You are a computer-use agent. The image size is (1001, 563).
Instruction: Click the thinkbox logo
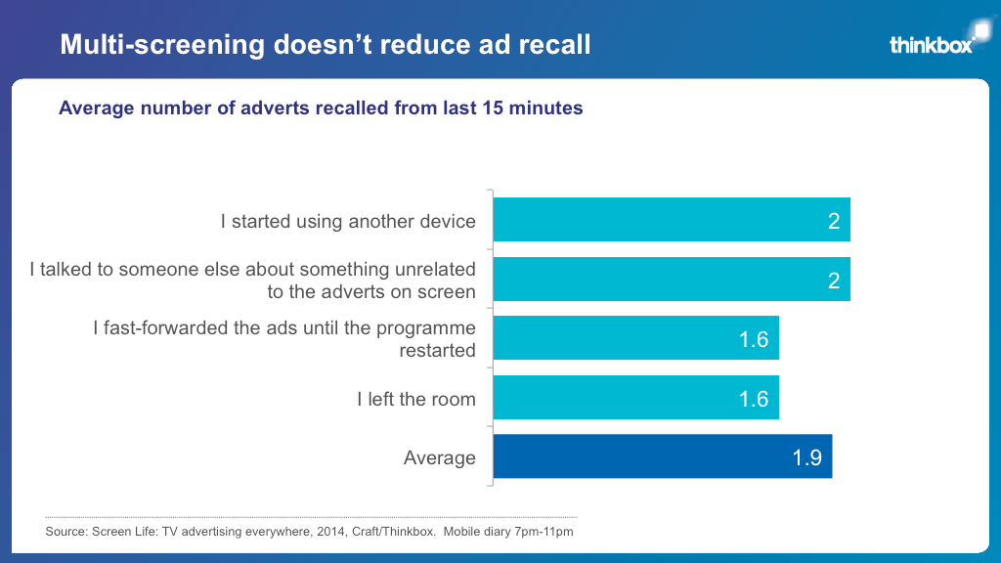tap(933, 43)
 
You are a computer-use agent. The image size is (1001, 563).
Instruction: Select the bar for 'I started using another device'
tap(671, 220)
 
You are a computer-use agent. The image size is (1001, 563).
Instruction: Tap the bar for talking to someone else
tap(671, 280)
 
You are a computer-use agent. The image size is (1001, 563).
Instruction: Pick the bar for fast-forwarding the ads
tap(635, 338)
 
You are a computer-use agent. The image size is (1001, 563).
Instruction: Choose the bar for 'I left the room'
tap(635, 398)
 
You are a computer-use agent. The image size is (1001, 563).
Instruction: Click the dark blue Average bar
tap(662, 456)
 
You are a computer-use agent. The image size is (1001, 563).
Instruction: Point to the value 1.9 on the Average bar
tap(806, 457)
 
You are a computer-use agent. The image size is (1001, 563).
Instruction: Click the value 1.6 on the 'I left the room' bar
tap(754, 399)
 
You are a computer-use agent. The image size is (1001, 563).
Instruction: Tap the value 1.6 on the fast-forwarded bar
tap(754, 339)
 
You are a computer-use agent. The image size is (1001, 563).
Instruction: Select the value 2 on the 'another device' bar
tap(834, 221)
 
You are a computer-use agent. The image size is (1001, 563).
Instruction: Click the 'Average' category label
tap(439, 457)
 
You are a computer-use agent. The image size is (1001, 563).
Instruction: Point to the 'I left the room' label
tap(415, 399)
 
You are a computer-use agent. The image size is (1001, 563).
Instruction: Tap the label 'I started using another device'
tap(348, 221)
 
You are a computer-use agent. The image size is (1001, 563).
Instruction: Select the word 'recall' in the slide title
tap(556, 44)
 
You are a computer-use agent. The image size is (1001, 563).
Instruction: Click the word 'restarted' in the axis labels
tap(437, 350)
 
